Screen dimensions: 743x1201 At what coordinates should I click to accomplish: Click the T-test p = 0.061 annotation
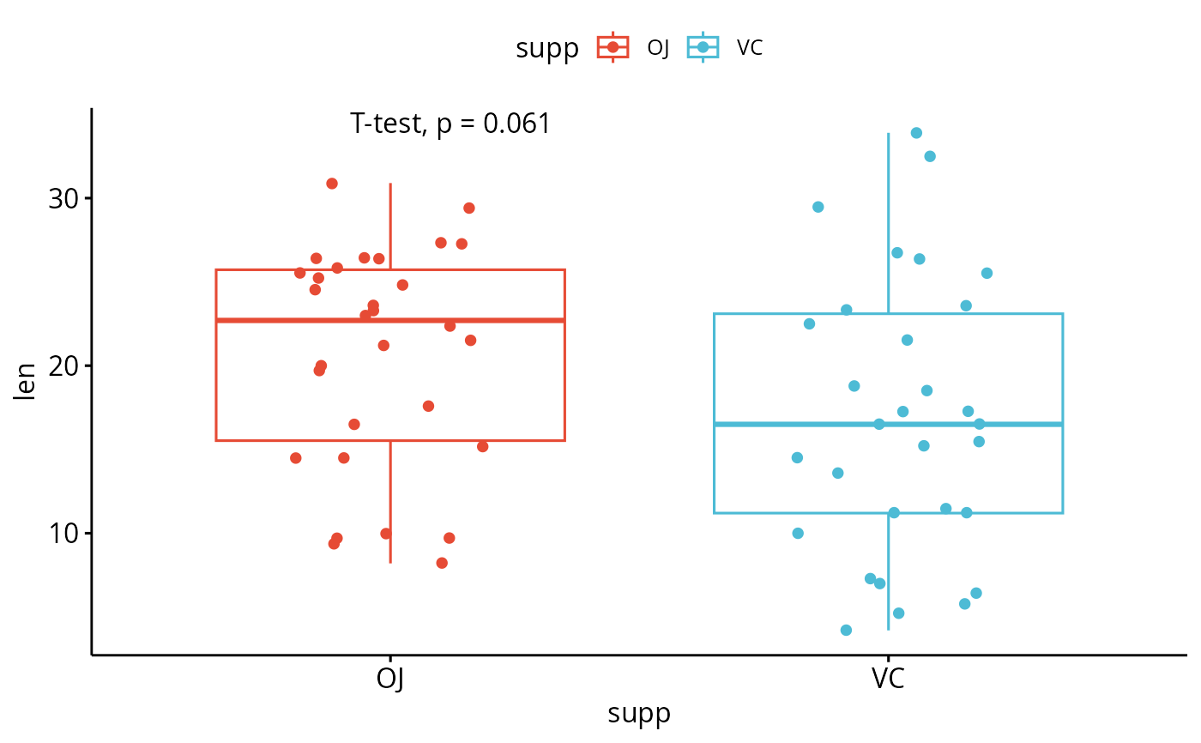(x=450, y=124)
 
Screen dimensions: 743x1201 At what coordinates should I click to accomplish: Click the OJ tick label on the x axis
(x=390, y=679)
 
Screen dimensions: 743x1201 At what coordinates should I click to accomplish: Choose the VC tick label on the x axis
(x=888, y=679)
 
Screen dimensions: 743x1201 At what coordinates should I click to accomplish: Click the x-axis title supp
(x=639, y=714)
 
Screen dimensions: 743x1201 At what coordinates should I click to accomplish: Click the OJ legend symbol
(x=613, y=48)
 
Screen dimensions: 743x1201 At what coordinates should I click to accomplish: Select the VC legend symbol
(x=703, y=48)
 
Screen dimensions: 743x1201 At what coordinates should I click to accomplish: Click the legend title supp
(x=547, y=49)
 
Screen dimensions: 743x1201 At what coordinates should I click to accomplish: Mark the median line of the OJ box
(x=390, y=320)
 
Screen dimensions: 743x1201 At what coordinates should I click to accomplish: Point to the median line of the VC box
(x=888, y=424)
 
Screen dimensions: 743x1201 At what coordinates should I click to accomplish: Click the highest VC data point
(x=916, y=133)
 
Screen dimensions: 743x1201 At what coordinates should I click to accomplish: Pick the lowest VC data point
(x=846, y=631)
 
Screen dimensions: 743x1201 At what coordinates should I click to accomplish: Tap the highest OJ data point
(x=332, y=184)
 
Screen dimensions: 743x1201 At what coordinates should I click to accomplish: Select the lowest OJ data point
(x=442, y=563)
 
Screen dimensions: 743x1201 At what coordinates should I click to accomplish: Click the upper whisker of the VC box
(x=888, y=223)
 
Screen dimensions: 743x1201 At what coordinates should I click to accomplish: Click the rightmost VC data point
(x=987, y=273)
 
